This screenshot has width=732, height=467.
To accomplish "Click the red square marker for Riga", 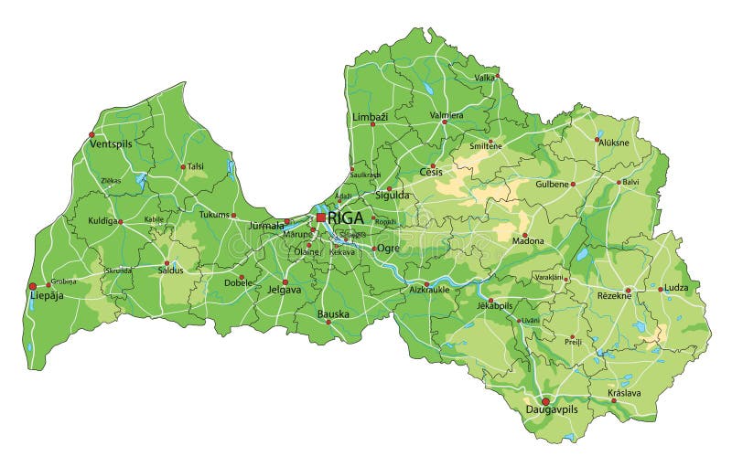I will click(x=320, y=218).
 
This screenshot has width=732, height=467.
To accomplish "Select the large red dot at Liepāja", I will click(x=33, y=286).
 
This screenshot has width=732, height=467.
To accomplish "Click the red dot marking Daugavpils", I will click(x=545, y=400).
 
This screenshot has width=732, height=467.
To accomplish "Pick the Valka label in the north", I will click(x=484, y=78).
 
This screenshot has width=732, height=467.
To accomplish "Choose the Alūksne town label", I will click(x=613, y=143).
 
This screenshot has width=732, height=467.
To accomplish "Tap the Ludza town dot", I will click(x=661, y=289).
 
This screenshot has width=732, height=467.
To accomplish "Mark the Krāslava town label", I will click(x=624, y=393).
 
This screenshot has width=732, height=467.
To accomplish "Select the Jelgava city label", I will click(x=284, y=291).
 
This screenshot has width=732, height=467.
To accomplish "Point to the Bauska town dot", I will click(x=328, y=322).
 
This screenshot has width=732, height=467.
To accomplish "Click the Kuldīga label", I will click(x=102, y=221).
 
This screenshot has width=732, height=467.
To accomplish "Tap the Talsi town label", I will click(x=195, y=166).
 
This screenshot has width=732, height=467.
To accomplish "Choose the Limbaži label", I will click(x=370, y=118).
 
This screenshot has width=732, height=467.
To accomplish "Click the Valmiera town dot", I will click(x=445, y=122).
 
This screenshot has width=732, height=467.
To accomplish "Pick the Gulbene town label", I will click(x=553, y=184).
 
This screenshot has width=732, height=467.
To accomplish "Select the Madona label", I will click(x=527, y=241).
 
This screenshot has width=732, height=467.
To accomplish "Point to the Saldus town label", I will click(x=170, y=270).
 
